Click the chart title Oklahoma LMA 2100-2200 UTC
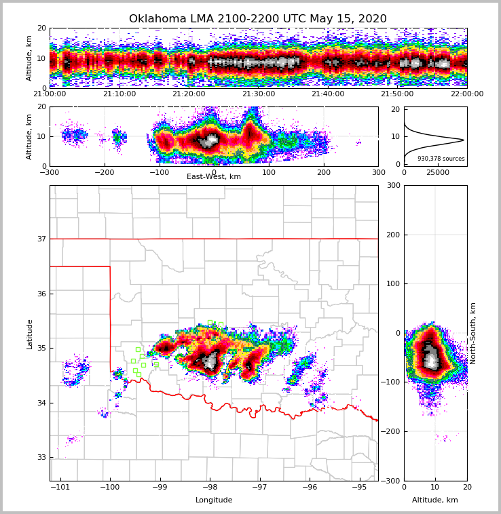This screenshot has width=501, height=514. pyautogui.click(x=257, y=19)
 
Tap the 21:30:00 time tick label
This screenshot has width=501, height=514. pyautogui.click(x=258, y=94)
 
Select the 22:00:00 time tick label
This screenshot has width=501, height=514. pyautogui.click(x=466, y=94)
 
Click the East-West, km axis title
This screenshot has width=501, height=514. pyautogui.click(x=214, y=177)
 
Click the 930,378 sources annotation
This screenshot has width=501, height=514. pyautogui.click(x=441, y=159)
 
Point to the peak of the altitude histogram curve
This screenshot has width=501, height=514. pyautogui.click(x=464, y=140)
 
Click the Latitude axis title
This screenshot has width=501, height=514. pyautogui.click(x=30, y=334)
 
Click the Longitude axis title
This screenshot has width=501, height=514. pyautogui.click(x=214, y=500)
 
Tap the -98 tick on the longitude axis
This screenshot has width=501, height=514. pyautogui.click(x=210, y=487)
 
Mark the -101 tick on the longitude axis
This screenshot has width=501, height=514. pyautogui.click(x=61, y=487)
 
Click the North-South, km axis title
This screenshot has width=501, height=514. pyautogui.click(x=472, y=333)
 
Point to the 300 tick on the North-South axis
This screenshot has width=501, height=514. pyautogui.click(x=392, y=185)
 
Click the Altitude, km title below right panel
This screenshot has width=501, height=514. pyautogui.click(x=435, y=500)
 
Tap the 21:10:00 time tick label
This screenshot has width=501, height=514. pyautogui.click(x=119, y=94)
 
